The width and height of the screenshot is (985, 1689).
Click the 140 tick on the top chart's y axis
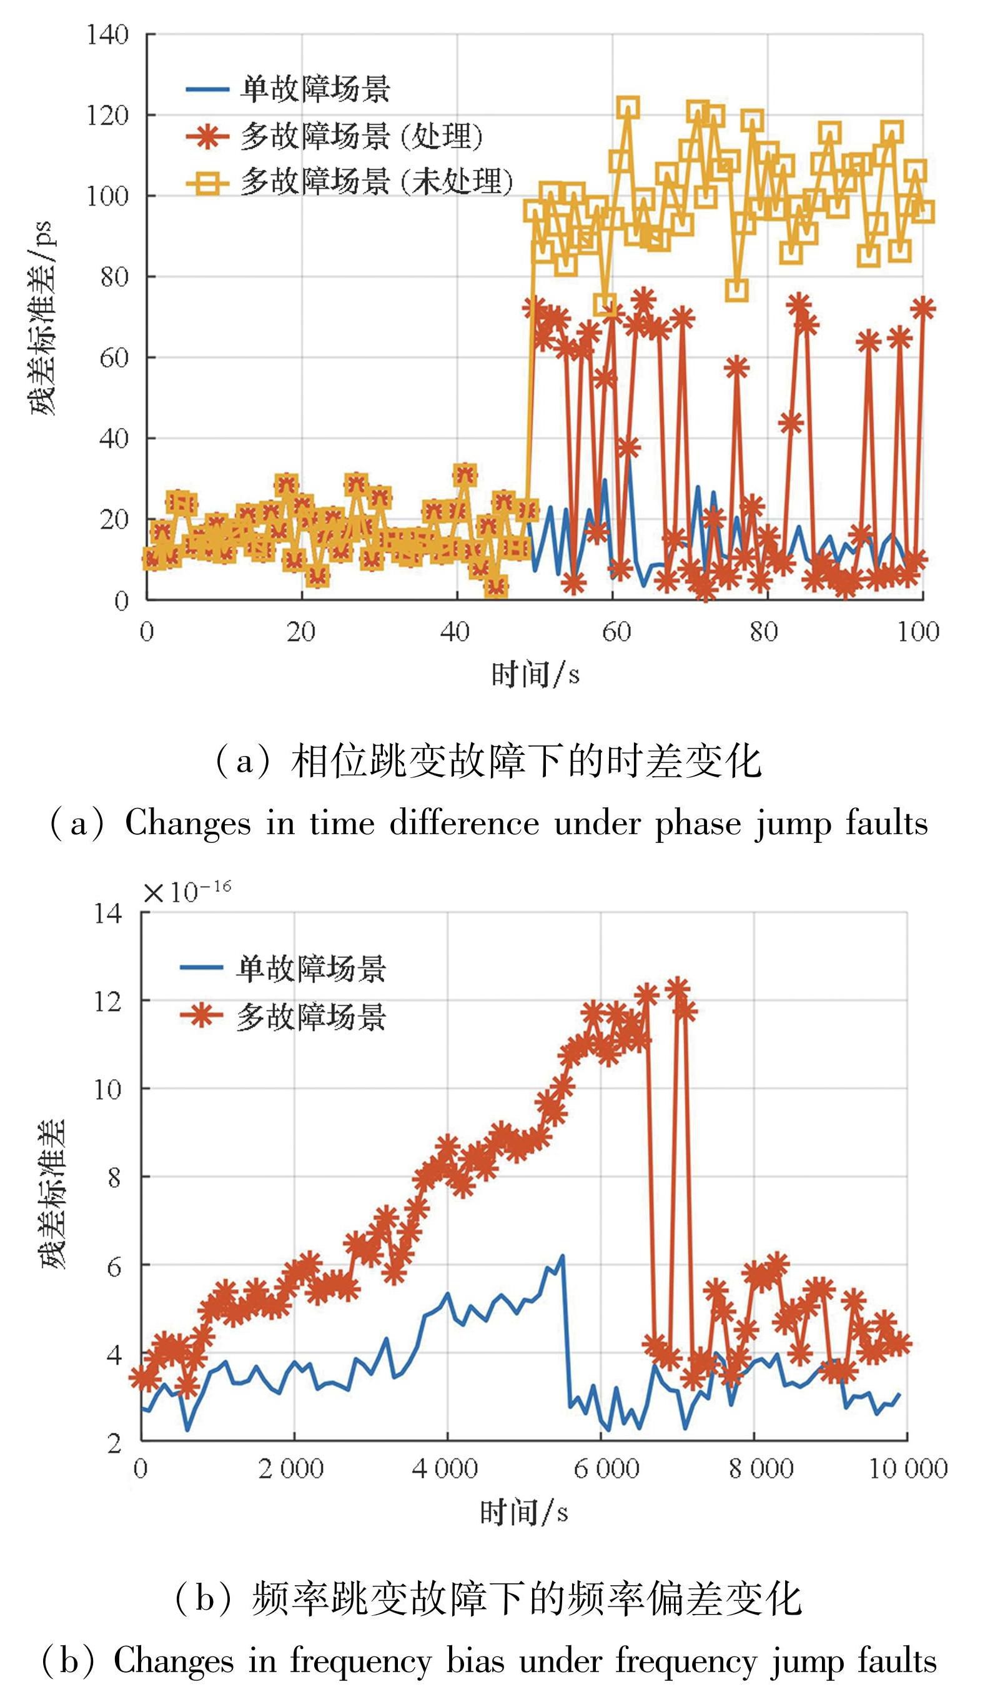[x=107, y=35]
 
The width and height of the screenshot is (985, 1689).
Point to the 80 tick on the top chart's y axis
[x=114, y=277]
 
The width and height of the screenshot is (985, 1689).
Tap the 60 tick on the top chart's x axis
[x=616, y=631]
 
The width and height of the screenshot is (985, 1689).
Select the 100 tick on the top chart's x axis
[x=918, y=631]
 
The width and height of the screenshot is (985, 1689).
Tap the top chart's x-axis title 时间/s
[x=535, y=674]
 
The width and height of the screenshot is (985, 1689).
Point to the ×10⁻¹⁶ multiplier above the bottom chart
[x=187, y=892]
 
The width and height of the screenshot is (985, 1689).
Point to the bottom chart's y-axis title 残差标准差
[x=54, y=1193]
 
